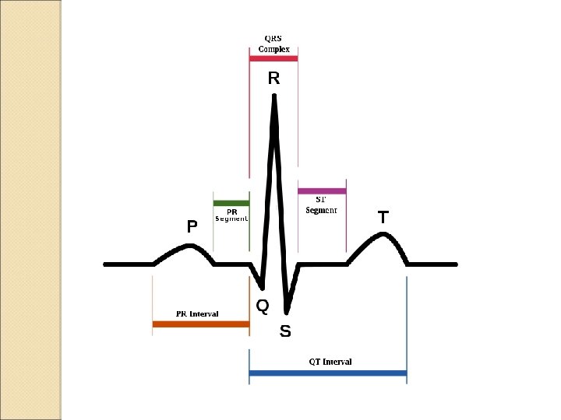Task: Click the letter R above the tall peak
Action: tap(273, 79)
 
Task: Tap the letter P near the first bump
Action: tap(192, 227)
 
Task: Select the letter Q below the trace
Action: tap(263, 306)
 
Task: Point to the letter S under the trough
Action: tap(285, 332)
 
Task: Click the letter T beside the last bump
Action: tap(383, 218)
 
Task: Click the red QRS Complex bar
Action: tap(273, 58)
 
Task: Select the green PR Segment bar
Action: tap(231, 203)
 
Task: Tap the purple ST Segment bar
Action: tap(322, 191)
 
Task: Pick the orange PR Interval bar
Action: tap(200, 324)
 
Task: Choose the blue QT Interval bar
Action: tap(328, 373)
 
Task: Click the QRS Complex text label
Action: tap(273, 44)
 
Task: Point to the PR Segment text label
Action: tap(231, 215)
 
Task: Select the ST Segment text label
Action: tap(321, 205)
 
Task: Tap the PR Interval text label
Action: tap(197, 314)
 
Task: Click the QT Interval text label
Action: tap(330, 362)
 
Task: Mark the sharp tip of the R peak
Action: tap(274, 96)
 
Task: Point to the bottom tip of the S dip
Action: tap(288, 312)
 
